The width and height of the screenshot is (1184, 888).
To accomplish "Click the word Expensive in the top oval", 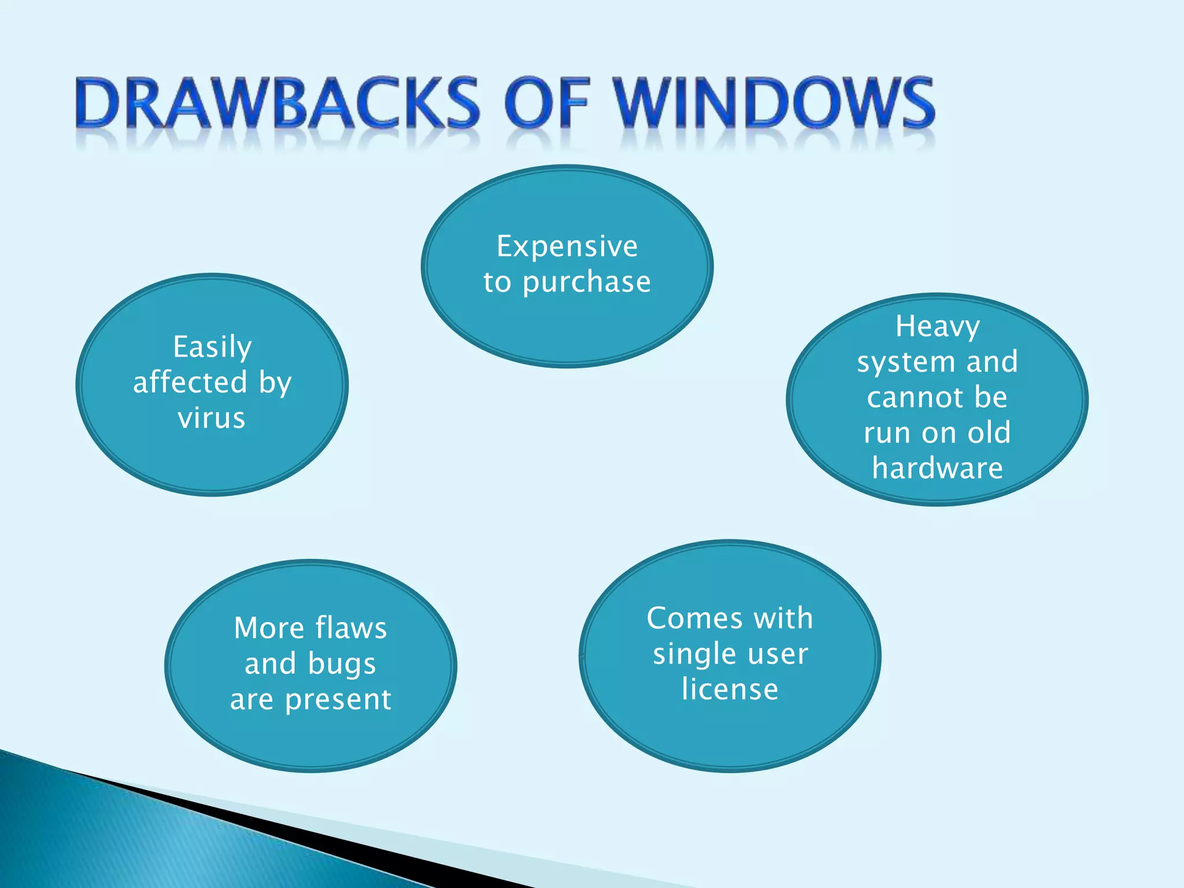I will pyautogui.click(x=567, y=247).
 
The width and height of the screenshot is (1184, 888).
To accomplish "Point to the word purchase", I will pyautogui.click(x=587, y=283).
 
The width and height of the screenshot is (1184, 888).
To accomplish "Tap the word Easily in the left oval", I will pyautogui.click(x=212, y=347).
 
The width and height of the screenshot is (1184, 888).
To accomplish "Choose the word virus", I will pyautogui.click(x=212, y=418).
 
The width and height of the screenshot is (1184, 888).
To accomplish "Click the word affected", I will pyautogui.click(x=190, y=382).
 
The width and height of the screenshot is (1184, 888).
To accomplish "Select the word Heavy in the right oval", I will pyautogui.click(x=937, y=327).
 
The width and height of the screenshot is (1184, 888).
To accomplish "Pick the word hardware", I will pyautogui.click(x=937, y=468).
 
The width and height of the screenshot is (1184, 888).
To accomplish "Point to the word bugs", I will pyautogui.click(x=342, y=665).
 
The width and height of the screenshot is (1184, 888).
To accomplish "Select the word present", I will pyautogui.click(x=338, y=700).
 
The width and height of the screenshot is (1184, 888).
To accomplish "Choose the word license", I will pyautogui.click(x=730, y=689).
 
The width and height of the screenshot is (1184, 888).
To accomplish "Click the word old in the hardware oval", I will pyautogui.click(x=989, y=432).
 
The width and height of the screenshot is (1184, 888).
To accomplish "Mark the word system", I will pyautogui.click(x=906, y=363).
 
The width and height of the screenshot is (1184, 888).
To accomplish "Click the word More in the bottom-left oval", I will pyautogui.click(x=269, y=628).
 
